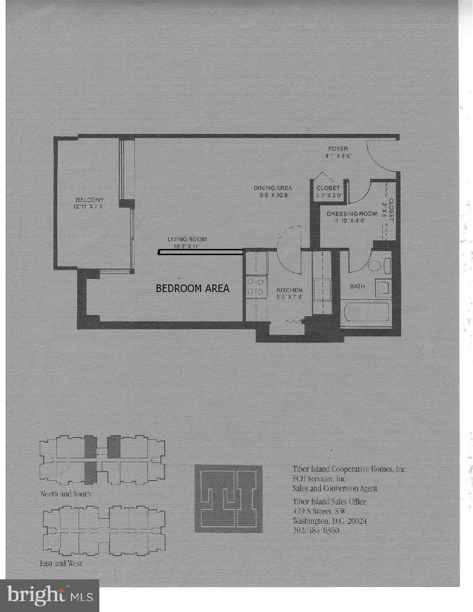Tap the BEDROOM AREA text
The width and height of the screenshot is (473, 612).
pos(193,288)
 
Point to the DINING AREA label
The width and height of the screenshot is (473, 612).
pos(272,188)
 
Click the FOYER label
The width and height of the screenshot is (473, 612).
pos(336,149)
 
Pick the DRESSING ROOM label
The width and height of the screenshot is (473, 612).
pos(352,214)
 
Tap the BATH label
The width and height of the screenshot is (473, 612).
pos(357,287)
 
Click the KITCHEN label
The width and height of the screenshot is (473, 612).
pos(289,290)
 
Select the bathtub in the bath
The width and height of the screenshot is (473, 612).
pos(365,312)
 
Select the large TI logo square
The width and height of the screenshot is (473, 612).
pos(228,499)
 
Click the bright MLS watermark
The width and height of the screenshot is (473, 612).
pos(50,595)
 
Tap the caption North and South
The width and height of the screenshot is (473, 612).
pos(65,494)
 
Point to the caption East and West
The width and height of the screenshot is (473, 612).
pos(61,564)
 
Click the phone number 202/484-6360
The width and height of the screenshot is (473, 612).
pos(316,531)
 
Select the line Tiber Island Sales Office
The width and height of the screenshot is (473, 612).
pos(330,502)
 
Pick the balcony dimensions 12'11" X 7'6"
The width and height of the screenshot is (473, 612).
pos(90,207)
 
